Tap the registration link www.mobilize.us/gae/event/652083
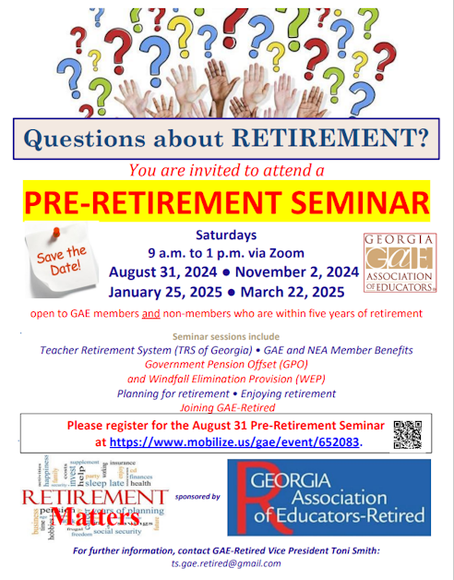[x=235, y=442]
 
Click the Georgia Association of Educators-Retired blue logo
[x=329, y=496]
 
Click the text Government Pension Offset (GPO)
[x=227, y=365]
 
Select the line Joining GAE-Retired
[x=227, y=405]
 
